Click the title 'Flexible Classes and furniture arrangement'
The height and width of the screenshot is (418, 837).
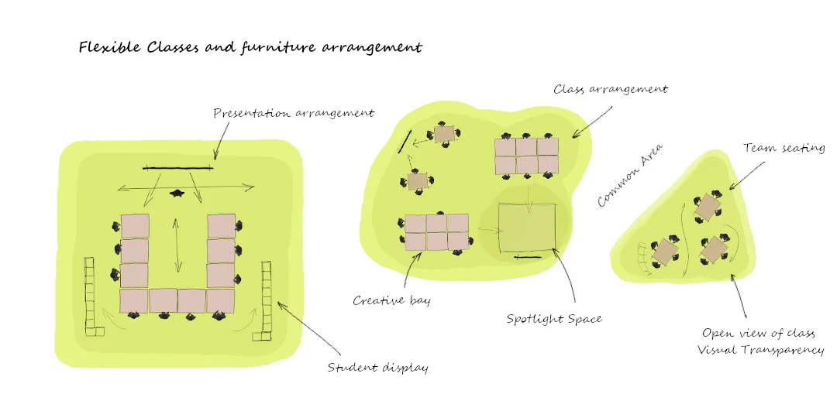click(250, 48)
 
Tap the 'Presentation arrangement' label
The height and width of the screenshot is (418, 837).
click(294, 113)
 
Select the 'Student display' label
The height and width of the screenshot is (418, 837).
click(377, 368)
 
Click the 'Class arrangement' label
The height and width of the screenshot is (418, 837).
click(611, 89)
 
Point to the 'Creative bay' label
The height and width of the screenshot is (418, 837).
click(391, 300)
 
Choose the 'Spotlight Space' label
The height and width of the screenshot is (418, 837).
click(553, 319)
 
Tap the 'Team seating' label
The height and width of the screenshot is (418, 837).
click(784, 148)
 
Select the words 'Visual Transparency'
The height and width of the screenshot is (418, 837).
click(760, 351)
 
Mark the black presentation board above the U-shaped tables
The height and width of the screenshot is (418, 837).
click(177, 167)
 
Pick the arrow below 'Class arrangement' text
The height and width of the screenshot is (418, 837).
click(593, 121)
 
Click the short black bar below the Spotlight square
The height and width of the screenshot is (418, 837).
click(527, 256)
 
